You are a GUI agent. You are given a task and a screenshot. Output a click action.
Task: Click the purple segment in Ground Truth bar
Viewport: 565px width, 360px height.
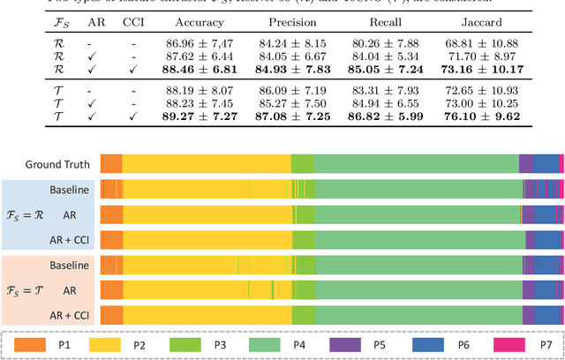pyautogui.click(x=525, y=162)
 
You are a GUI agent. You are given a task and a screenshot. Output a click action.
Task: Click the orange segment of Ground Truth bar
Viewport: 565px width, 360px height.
pyautogui.click(x=111, y=162)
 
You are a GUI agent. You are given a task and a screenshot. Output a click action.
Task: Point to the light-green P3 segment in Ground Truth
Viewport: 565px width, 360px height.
pyautogui.click(x=302, y=162)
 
